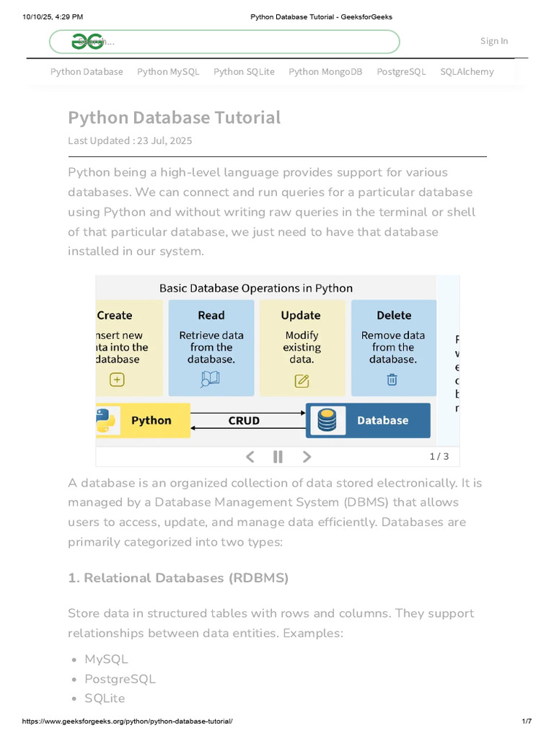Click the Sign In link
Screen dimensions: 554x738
click(494, 41)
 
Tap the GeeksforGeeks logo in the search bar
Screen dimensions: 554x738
click(87, 42)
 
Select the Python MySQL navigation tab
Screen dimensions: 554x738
click(168, 71)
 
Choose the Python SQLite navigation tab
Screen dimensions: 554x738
click(244, 71)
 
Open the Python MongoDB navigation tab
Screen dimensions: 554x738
click(325, 71)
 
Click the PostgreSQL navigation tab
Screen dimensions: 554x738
click(401, 71)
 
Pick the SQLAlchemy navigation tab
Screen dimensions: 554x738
click(467, 71)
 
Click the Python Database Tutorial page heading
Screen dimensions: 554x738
click(175, 117)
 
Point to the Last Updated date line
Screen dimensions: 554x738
click(130, 141)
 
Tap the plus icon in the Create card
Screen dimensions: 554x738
click(117, 380)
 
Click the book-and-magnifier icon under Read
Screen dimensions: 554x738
click(210, 380)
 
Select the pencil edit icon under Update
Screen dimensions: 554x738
click(302, 381)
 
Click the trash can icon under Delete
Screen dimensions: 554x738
click(392, 380)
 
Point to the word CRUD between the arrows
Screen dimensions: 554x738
click(244, 421)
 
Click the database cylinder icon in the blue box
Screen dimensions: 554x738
click(327, 420)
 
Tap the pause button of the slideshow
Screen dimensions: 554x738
click(278, 456)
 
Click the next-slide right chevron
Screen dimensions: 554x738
click(307, 456)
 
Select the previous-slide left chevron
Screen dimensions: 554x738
click(250, 456)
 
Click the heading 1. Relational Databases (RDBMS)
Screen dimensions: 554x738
click(178, 578)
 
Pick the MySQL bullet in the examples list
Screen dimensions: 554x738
click(106, 659)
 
